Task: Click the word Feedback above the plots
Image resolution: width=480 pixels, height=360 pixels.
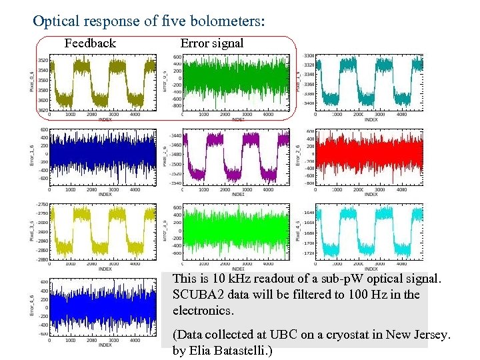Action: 90,43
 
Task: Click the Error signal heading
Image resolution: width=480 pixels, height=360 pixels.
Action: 212,43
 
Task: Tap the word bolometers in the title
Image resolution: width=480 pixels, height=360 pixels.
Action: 223,21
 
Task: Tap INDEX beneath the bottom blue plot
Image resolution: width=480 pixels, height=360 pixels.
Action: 105,345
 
